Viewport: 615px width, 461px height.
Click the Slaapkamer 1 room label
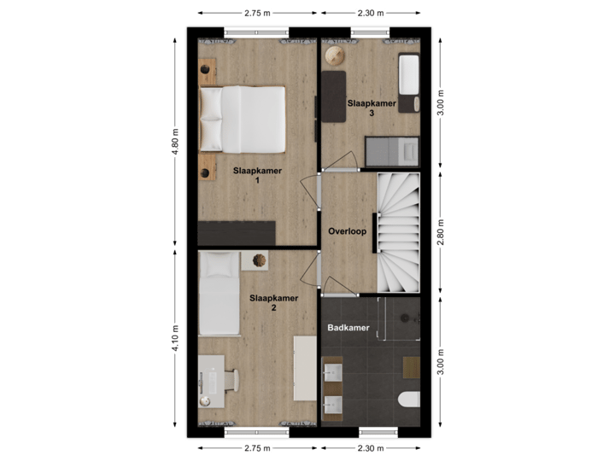pos(257,175)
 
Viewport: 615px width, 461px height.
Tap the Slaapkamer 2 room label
pos(273,303)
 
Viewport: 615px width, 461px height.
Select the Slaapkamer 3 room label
pos(372,108)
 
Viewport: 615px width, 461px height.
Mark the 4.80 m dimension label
pos(176,143)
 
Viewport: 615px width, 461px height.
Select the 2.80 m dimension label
pos(441,231)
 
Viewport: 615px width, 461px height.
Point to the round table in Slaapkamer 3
pos(335,55)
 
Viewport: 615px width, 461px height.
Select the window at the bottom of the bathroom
pos(378,431)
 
